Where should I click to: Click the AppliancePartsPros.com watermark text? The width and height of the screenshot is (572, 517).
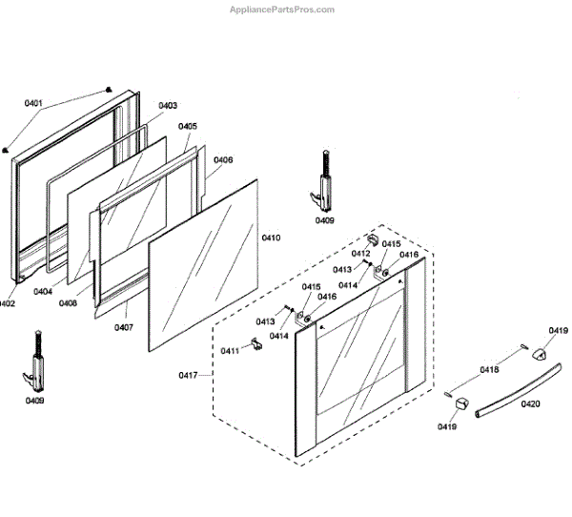pos(283,10)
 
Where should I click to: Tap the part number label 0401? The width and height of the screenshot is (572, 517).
pos(33,103)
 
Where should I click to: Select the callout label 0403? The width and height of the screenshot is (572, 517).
pos(168,106)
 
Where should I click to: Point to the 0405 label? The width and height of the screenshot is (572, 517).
pos(188,126)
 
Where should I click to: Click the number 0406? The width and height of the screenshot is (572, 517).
pos(223,160)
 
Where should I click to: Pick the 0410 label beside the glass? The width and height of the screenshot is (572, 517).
pos(271,238)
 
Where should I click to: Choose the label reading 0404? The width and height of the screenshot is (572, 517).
pos(42,292)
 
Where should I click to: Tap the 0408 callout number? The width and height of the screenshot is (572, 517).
pos(68,303)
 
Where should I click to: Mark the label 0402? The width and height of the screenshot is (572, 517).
pos(7,304)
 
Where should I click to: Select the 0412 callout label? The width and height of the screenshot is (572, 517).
pos(361,253)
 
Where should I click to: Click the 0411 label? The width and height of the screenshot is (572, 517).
pos(230,351)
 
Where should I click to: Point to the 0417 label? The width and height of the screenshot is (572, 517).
pos(188,376)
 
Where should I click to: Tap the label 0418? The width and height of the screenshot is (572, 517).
pos(489,369)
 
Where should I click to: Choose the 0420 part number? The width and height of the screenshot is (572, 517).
pos(530,404)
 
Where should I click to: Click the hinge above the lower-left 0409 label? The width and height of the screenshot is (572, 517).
pos(36,362)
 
